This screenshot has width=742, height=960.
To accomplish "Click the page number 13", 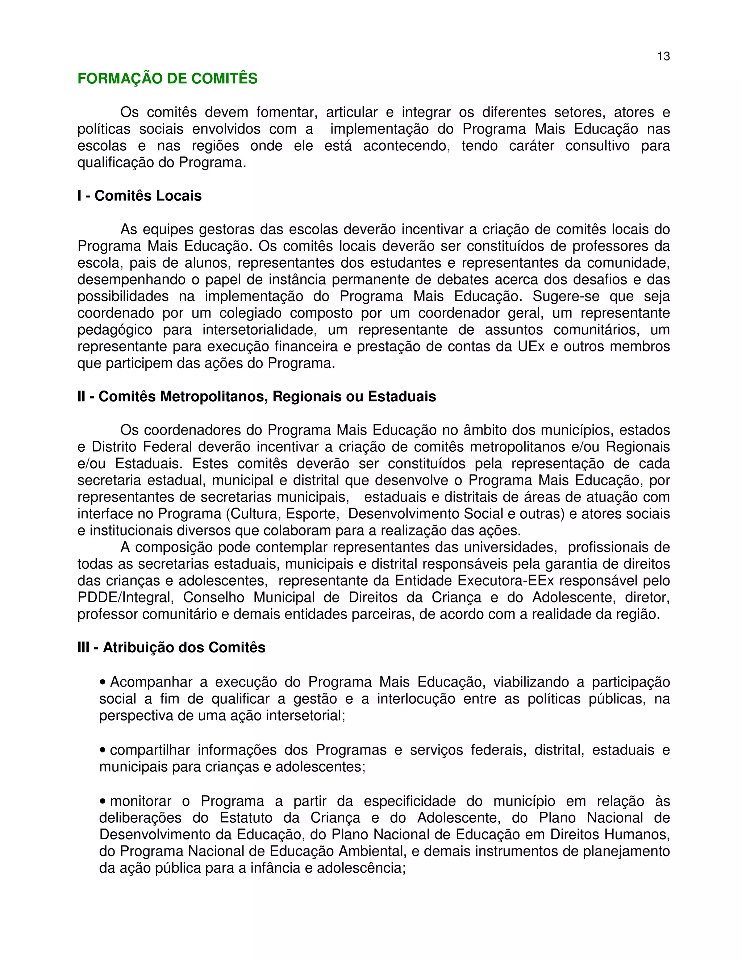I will pyautogui.click(x=663, y=56).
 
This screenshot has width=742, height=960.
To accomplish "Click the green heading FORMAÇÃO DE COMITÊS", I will pyautogui.click(x=167, y=78).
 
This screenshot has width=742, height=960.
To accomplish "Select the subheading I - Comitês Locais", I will pyautogui.click(x=139, y=196).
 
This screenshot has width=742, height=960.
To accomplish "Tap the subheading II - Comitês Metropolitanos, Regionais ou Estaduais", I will pyautogui.click(x=257, y=396).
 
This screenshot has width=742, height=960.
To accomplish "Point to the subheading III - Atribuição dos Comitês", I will pyautogui.click(x=171, y=647).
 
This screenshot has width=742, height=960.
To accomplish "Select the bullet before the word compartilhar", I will pyautogui.click(x=103, y=750).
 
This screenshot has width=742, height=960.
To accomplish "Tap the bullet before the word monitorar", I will pyautogui.click(x=103, y=801).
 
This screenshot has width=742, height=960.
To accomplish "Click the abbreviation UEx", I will pyautogui.click(x=531, y=346).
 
